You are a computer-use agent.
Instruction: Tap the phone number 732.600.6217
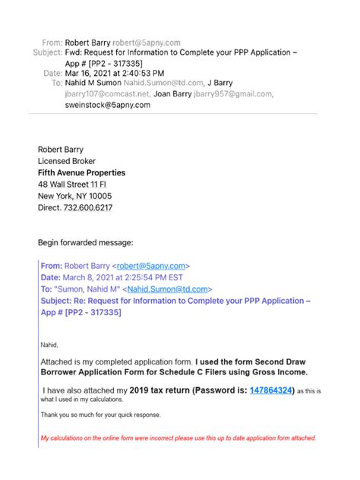[91, 206]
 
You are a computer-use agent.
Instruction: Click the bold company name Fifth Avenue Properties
[81, 172]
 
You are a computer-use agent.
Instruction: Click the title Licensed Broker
[70, 162]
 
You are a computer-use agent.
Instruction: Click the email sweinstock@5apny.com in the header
[107, 105]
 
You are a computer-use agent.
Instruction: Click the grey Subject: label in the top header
[47, 52]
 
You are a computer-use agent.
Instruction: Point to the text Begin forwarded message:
[86, 243]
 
